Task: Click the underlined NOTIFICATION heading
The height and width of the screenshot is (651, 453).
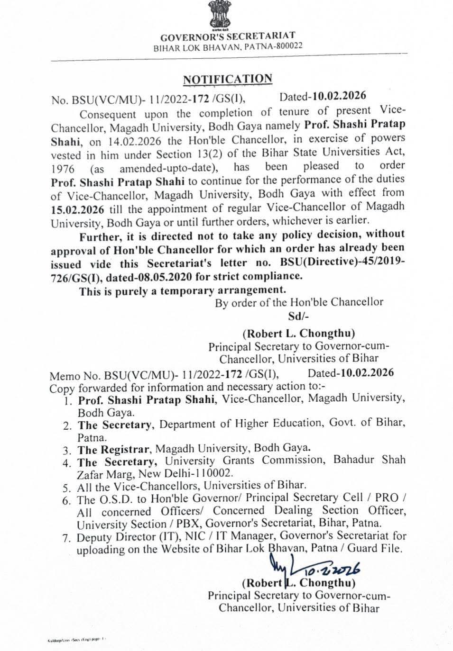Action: [x=228, y=79]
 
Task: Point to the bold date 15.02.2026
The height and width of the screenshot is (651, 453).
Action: [x=78, y=209]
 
